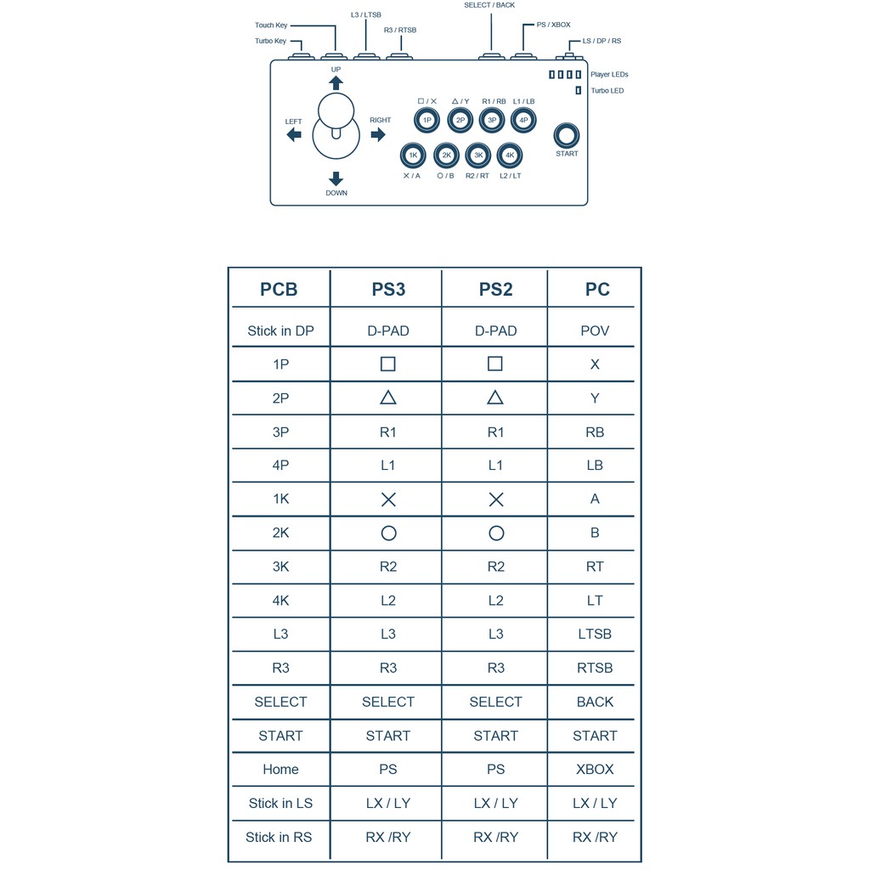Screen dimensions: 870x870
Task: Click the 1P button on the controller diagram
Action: [x=427, y=121]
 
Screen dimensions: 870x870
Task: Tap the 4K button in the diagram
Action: [x=510, y=155]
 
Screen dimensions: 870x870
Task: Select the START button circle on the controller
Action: [x=567, y=136]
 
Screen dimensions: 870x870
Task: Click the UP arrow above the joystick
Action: [x=336, y=82]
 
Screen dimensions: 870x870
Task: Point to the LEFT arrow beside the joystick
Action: [x=294, y=134]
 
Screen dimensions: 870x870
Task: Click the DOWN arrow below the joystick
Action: [x=336, y=178]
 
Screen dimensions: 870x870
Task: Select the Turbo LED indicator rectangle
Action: [x=578, y=90]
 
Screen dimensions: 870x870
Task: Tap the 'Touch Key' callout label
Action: [x=271, y=25]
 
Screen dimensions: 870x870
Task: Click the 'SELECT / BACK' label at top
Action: [x=489, y=5]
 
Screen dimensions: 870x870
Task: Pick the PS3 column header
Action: [x=388, y=289]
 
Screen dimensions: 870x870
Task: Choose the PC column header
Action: [x=597, y=289]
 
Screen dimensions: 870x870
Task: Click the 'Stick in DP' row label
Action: [x=280, y=330]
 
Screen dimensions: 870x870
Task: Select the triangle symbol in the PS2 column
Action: [x=495, y=398]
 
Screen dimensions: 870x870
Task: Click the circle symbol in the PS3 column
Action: [x=388, y=534]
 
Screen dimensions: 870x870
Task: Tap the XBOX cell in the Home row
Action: [x=595, y=769]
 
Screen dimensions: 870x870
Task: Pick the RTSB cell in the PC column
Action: [x=595, y=668]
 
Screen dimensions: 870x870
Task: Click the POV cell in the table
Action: [x=595, y=330]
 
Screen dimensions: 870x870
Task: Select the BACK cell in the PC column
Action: [x=595, y=702]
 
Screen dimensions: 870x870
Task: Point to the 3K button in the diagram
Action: [x=478, y=155]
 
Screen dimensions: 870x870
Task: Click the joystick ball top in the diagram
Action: [x=336, y=110]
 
